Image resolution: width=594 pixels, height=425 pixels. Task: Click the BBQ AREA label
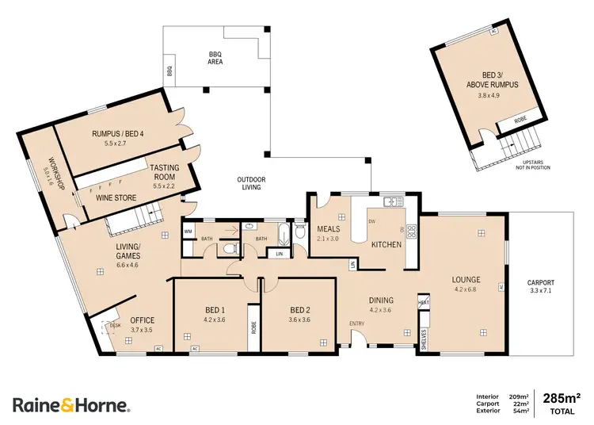215,56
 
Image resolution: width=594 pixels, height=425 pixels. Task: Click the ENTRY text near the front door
358,324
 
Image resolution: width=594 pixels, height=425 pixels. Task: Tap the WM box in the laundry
188,232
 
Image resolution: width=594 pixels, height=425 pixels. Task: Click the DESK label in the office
116,326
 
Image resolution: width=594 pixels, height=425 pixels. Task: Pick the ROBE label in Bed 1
253,326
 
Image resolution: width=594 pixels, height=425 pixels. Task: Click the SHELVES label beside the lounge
424,339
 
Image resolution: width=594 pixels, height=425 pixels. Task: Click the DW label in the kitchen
372,221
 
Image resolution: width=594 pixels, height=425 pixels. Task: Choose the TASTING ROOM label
165,173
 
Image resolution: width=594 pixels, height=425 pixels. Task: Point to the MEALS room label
328,229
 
